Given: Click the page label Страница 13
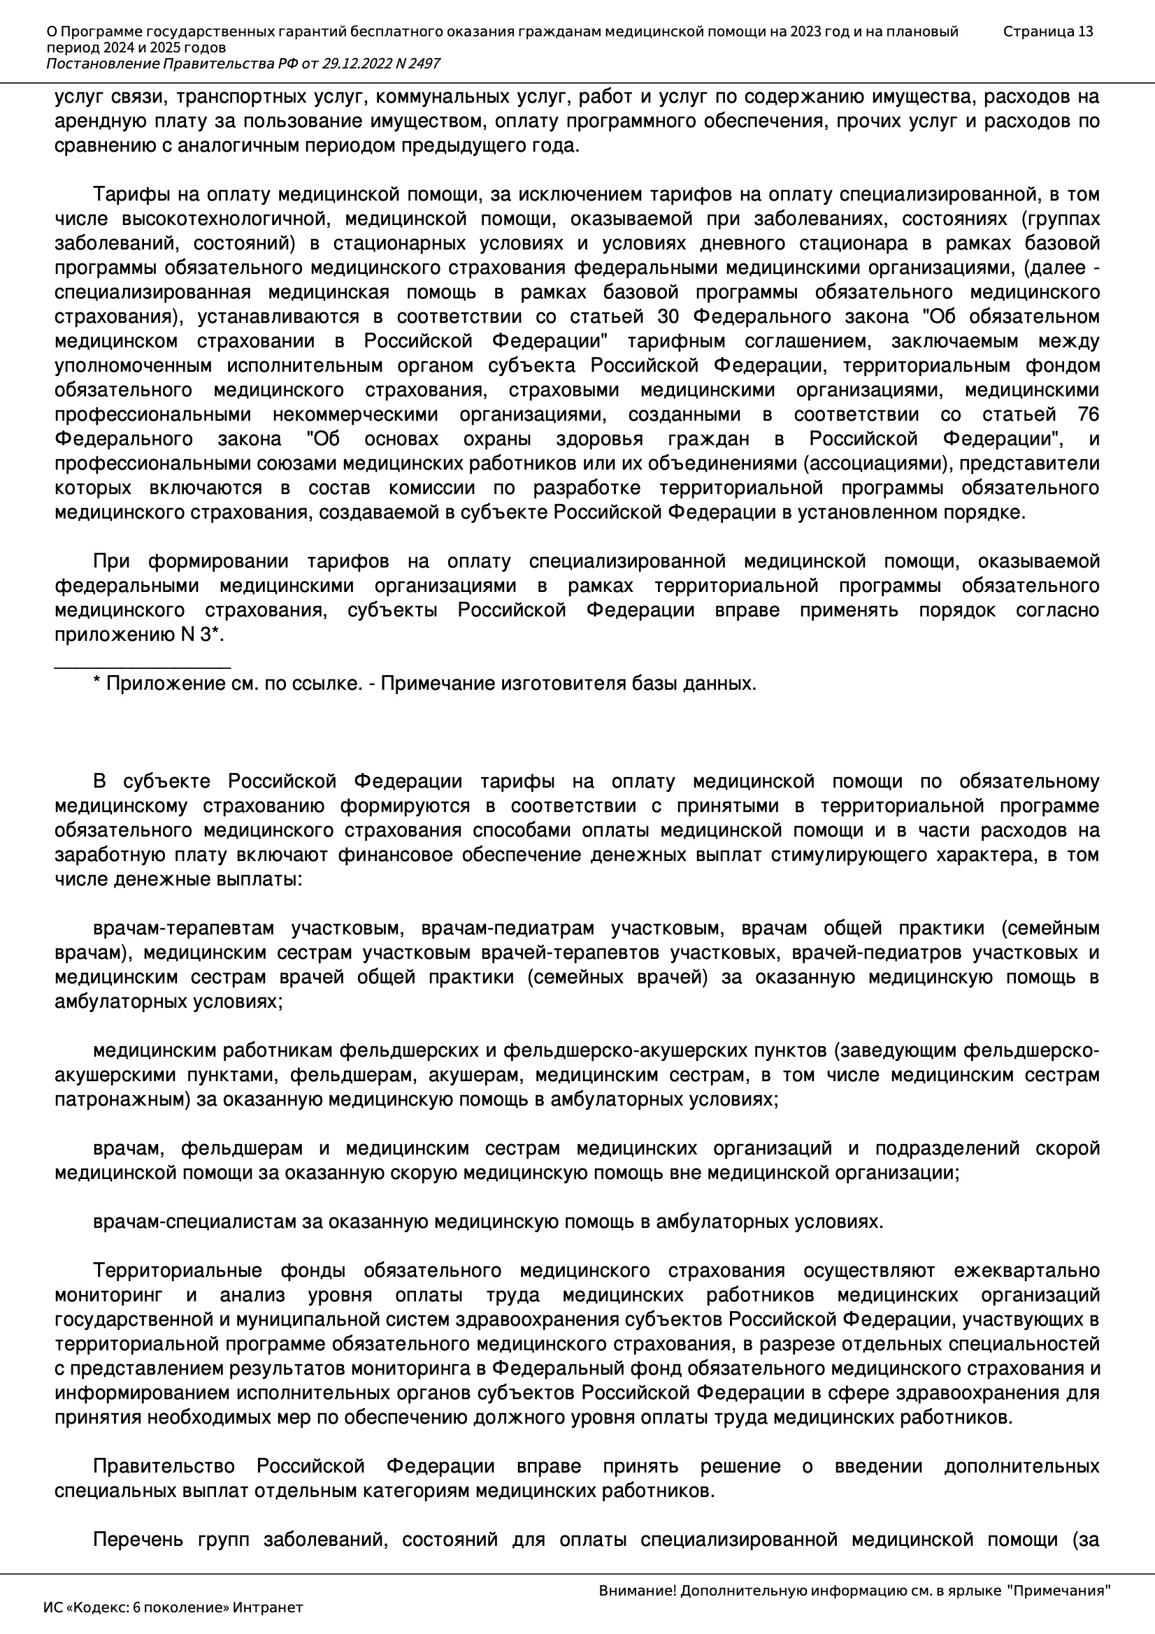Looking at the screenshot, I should coord(1047,31).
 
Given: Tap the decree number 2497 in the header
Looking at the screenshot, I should coord(424,64).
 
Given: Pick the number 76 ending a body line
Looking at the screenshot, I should coord(1088,414).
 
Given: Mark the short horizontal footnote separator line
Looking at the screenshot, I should coord(143,667).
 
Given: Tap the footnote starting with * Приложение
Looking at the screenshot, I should coord(424,684).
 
